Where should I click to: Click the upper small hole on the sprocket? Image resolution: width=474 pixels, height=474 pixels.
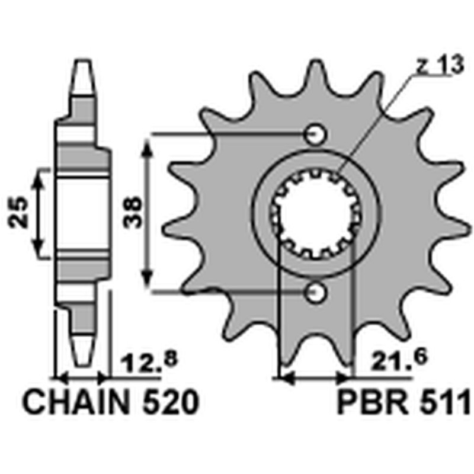(315, 135)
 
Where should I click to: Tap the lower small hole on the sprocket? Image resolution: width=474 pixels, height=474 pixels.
(315, 292)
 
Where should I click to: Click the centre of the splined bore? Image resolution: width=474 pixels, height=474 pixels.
(315, 214)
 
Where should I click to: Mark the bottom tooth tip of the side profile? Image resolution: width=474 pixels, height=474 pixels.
(82, 363)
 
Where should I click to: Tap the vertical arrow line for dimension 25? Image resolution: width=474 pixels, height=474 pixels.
(40, 213)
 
